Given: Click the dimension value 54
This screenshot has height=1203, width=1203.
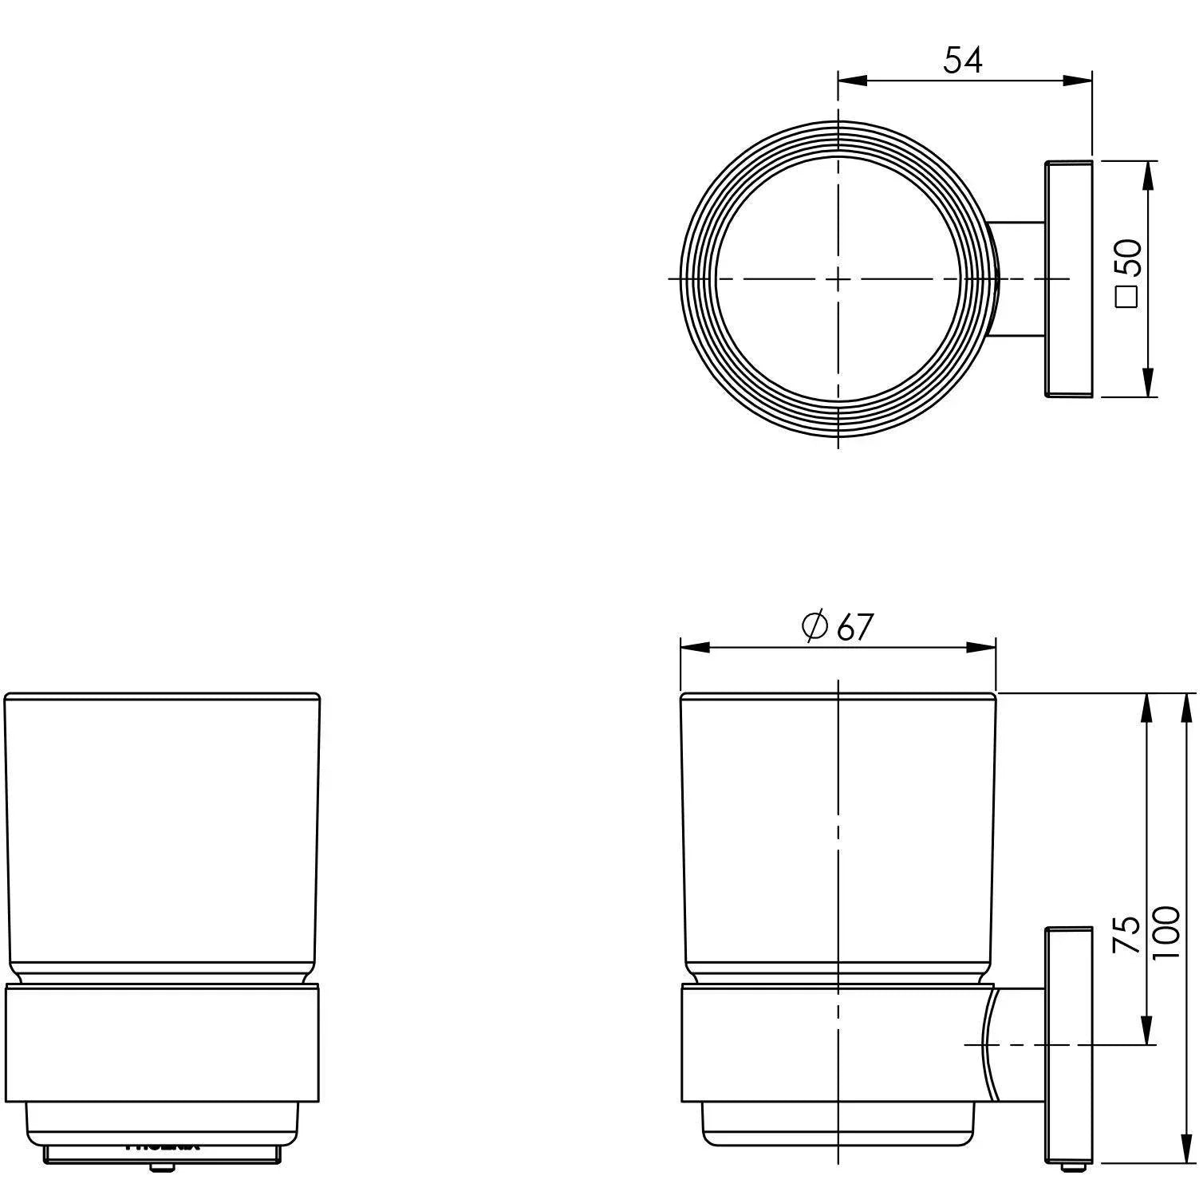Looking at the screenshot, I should click(963, 60).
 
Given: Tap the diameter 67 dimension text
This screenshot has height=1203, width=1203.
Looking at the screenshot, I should click(838, 627).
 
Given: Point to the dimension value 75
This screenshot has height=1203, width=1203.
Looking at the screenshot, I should click(1126, 934).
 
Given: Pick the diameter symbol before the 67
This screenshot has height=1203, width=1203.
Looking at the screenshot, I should click(814, 627).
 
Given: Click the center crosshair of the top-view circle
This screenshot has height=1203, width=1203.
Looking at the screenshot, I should click(838, 278).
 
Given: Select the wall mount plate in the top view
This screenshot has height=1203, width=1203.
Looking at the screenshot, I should click(1067, 278).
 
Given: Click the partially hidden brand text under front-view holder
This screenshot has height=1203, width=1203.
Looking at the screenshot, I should click(163, 1146).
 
